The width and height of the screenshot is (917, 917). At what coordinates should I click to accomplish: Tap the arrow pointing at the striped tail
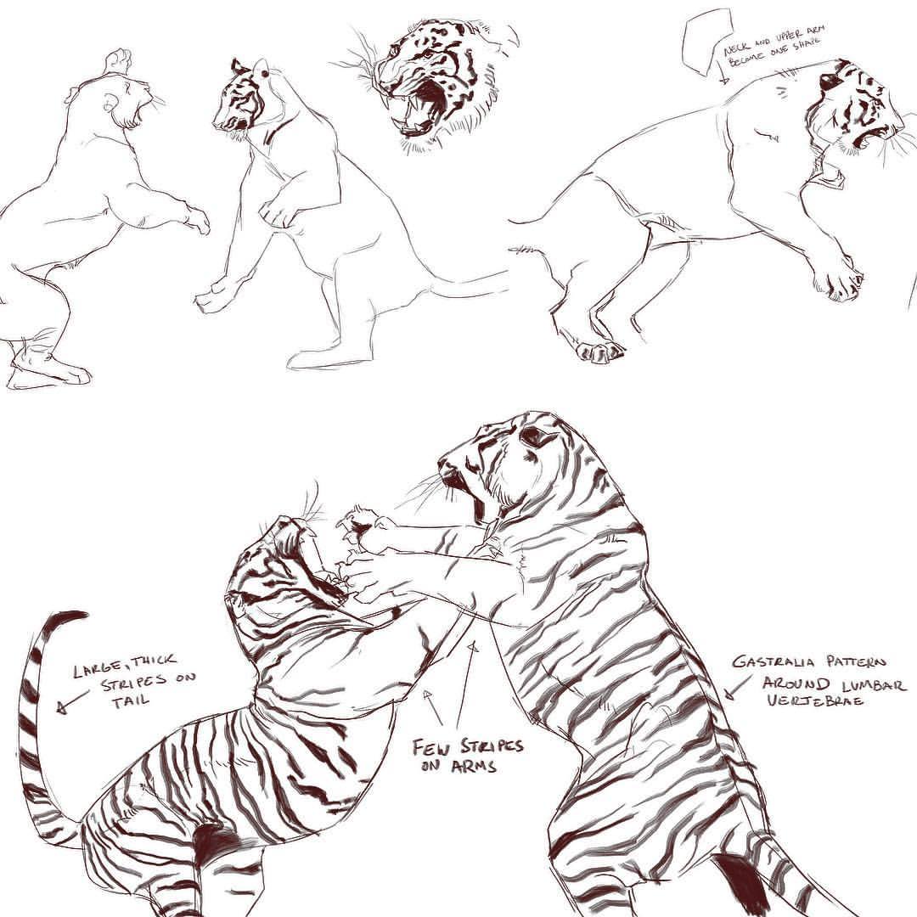tap(74, 700)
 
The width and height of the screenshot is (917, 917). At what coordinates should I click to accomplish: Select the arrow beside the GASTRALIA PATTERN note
tap(739, 687)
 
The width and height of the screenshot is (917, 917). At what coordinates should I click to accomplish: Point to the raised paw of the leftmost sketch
tap(117, 60)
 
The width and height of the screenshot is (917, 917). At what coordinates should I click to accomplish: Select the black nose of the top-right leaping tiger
tap(828, 81)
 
